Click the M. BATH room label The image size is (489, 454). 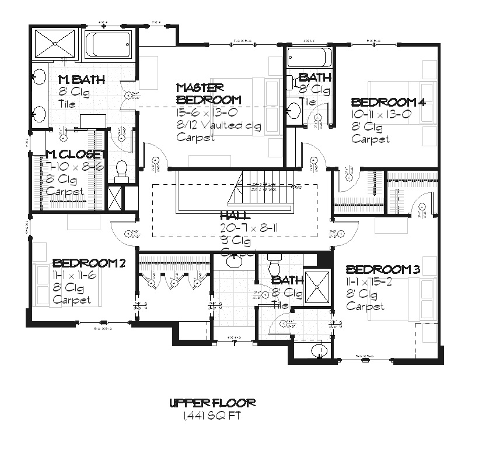pos(81,80)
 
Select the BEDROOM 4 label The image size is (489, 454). pos(387,102)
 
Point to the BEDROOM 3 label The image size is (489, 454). pos(383,270)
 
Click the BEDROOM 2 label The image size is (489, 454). pos(89,263)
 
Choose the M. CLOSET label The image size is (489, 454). pos(75,154)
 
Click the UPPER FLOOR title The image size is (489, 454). pos(212,403)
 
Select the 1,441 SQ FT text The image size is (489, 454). pos(212,416)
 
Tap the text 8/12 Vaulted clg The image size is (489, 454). pos(219,125)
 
